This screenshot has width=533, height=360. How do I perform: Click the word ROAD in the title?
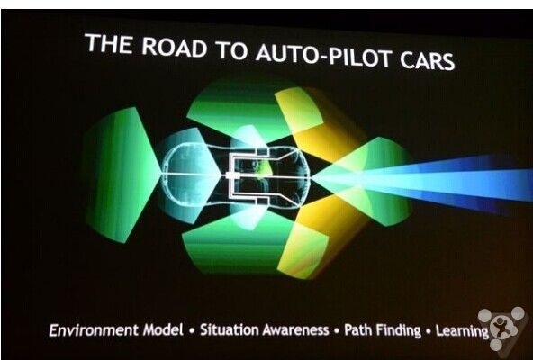point(174,49)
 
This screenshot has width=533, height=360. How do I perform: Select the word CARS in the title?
point(428,61)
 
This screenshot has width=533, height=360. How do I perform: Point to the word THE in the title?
point(109,44)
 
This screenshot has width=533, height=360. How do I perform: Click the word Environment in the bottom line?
point(94,330)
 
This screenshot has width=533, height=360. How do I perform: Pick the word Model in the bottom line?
point(163,329)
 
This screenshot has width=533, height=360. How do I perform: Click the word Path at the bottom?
point(357,329)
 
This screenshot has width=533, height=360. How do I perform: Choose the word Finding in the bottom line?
point(398,330)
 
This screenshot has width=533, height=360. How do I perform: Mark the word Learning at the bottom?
point(462,331)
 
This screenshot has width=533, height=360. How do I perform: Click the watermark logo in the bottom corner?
point(502,328)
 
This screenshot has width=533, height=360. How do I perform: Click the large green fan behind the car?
point(120,175)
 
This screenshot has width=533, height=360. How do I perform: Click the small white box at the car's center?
point(231,175)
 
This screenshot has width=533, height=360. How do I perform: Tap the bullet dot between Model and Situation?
point(192,330)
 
